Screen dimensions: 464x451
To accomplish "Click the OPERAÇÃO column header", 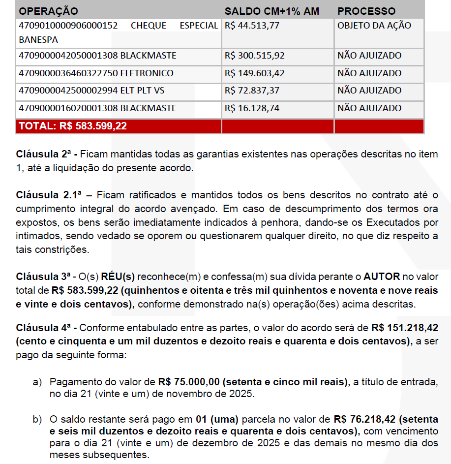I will pyautogui.click(x=48, y=11).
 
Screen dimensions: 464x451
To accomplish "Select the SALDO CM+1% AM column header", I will pyautogui.click(x=271, y=11).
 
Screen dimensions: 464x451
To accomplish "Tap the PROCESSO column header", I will pyautogui.click(x=366, y=11).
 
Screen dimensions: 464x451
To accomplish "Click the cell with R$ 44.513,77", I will pyautogui.click(x=252, y=26).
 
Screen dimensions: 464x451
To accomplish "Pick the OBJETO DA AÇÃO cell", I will pyautogui.click(x=374, y=26).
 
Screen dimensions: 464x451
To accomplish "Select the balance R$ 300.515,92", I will pyautogui.click(x=254, y=56).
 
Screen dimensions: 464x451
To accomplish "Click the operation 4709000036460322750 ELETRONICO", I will pyautogui.click(x=96, y=73).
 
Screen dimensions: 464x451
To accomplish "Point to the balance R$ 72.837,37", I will pyautogui.click(x=252, y=91).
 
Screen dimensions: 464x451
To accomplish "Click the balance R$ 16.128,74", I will pyautogui.click(x=252, y=108).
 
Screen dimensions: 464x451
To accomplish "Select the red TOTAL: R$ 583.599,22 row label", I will pyautogui.click(x=73, y=126).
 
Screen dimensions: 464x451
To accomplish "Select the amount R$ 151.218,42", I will pyautogui.click(x=404, y=328).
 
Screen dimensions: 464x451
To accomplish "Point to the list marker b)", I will pyautogui.click(x=37, y=420).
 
